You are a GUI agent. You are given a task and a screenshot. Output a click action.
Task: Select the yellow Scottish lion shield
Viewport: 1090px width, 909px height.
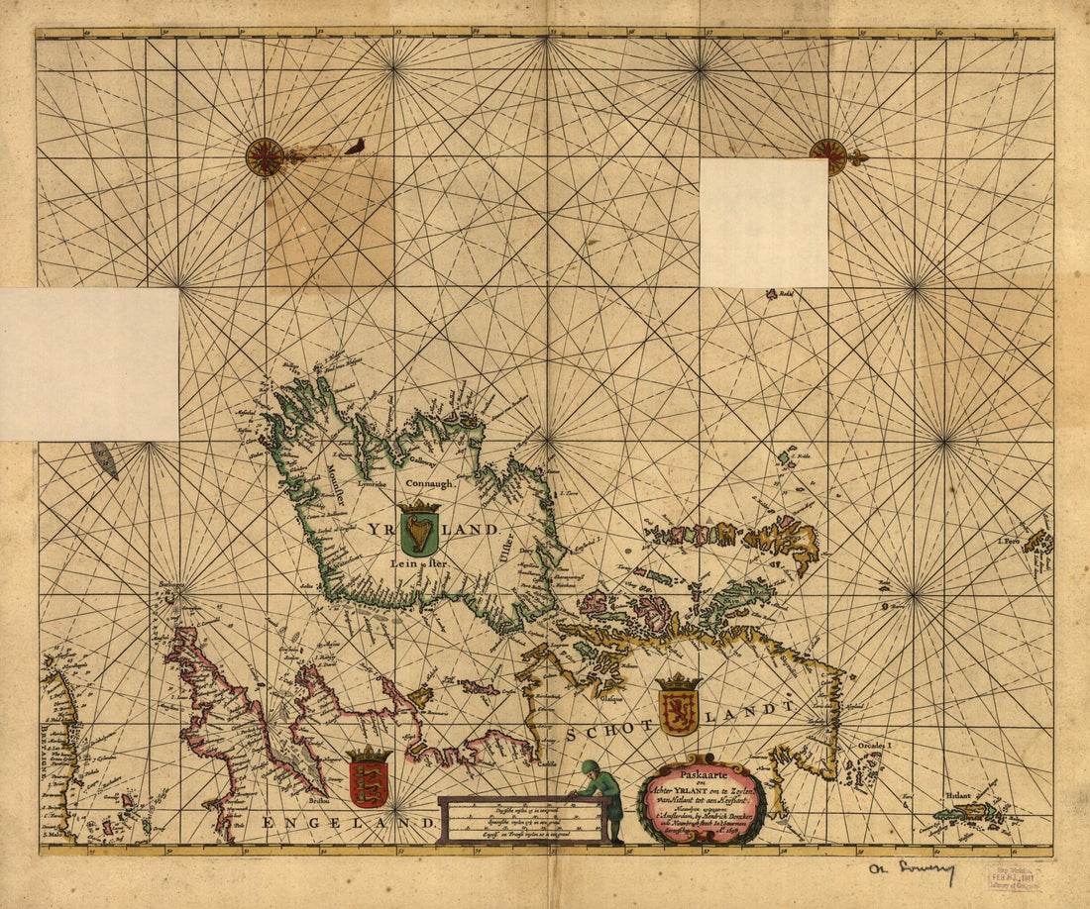pyautogui.click(x=678, y=710)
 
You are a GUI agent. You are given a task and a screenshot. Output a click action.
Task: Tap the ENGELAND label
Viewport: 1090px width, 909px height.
pyautogui.click(x=349, y=822)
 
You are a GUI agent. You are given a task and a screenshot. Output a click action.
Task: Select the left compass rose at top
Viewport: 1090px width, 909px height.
pyautogui.click(x=265, y=156)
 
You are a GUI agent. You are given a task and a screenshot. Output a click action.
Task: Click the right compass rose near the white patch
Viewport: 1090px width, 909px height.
pyautogui.click(x=827, y=155)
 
